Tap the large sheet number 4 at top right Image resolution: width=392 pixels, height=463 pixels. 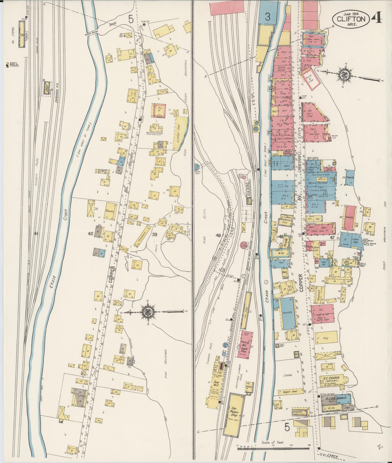coord(377,18)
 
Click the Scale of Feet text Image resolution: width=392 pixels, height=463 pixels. coord(273,442)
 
